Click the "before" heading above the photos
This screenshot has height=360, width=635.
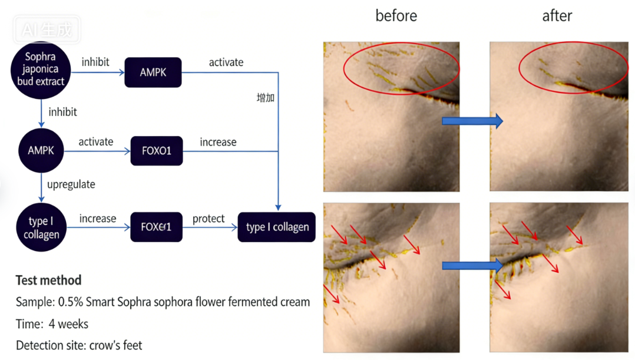[396, 16]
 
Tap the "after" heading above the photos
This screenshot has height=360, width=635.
[557, 16]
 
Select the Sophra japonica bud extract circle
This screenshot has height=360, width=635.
[41, 70]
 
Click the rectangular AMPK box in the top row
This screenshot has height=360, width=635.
[153, 72]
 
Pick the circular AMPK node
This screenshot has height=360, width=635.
[41, 150]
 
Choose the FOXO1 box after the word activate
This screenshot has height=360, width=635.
[157, 151]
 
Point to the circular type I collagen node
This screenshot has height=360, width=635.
[41, 227]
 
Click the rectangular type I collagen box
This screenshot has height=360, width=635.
[277, 227]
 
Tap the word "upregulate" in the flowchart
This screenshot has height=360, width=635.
[71, 184]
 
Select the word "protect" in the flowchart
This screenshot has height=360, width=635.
[209, 219]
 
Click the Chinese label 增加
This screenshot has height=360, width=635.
[266, 98]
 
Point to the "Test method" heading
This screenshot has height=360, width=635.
[48, 280]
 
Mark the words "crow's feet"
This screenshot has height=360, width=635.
[115, 345]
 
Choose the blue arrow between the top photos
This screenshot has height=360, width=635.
[472, 121]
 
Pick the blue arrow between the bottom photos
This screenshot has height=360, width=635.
[472, 266]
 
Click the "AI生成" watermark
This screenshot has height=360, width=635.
[47, 29]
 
